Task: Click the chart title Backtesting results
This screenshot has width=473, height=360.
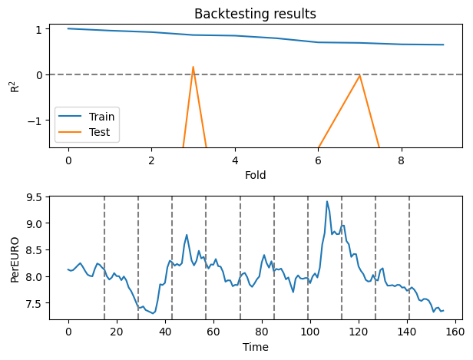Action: point(255,13)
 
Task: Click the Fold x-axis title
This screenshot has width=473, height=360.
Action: point(255,176)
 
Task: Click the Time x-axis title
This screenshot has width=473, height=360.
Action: point(255,348)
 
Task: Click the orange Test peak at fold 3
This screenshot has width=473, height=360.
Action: point(193,67)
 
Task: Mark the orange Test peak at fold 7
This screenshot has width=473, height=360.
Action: point(359,75)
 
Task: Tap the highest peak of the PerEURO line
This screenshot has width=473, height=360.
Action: point(327,202)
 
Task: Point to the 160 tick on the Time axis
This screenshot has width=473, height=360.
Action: point(454,332)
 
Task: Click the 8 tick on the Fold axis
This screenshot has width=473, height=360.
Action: point(401,161)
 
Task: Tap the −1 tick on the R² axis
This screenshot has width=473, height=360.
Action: point(35,121)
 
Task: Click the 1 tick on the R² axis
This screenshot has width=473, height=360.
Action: point(38,28)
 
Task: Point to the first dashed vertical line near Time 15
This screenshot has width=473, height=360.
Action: point(104,257)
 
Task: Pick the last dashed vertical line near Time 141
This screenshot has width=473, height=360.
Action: point(409,257)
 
